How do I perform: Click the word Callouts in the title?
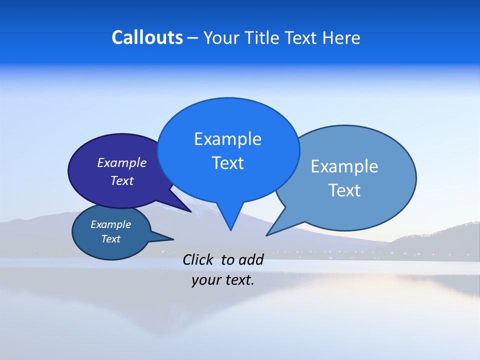coord(147,37)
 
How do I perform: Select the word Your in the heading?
coord(222,37)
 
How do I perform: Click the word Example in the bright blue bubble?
coord(227,139)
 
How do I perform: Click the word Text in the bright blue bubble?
coord(227,163)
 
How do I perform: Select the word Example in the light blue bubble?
coord(344,166)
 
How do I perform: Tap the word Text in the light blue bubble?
coord(344,190)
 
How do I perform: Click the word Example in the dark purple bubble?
coord(121,163)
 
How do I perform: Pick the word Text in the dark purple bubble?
coord(122,181)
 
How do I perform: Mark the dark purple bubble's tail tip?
coord(190,211)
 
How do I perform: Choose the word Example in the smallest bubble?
coord(110,225)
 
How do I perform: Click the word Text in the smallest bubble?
coord(110,239)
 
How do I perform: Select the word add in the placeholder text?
coord(250,260)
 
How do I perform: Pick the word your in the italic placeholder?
coord(205,280)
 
